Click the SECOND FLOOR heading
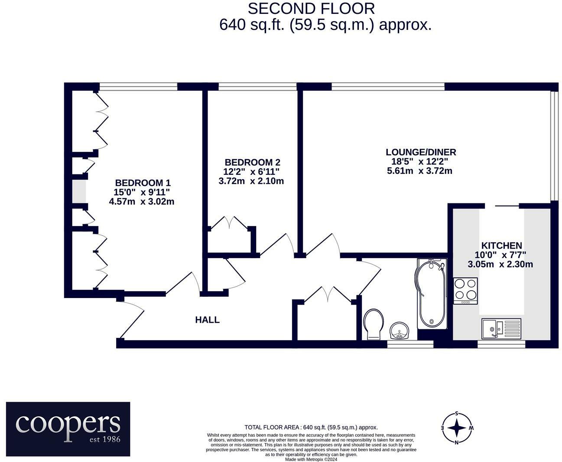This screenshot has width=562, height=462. pyautogui.click(x=311, y=8)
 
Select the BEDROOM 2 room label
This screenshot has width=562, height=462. pyautogui.click(x=252, y=162)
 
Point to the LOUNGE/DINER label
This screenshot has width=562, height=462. pyautogui.click(x=421, y=152)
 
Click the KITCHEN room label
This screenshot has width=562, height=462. pyautogui.click(x=501, y=246)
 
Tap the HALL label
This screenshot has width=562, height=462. pyautogui.click(x=207, y=320)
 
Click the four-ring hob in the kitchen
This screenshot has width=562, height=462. pyautogui.click(x=465, y=290)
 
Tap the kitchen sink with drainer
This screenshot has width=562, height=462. pyautogui.click(x=501, y=328)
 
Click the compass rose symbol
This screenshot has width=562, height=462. pyautogui.click(x=457, y=428)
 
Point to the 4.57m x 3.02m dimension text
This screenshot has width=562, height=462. pyautogui.click(x=142, y=201)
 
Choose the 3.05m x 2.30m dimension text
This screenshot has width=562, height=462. pyautogui.click(x=500, y=264)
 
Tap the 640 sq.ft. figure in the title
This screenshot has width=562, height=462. pyautogui.click(x=251, y=25)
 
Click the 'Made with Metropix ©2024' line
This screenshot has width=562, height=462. pyautogui.click(x=311, y=459)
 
